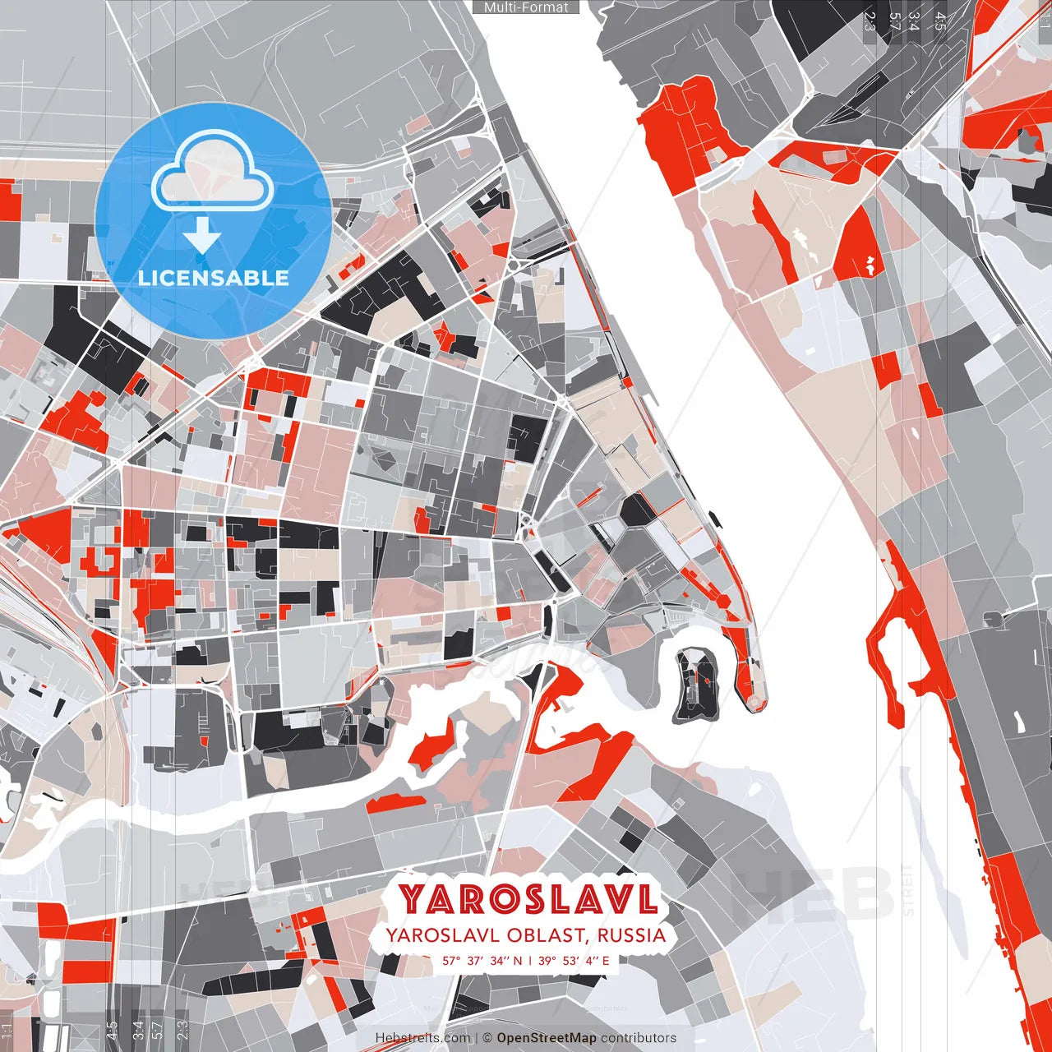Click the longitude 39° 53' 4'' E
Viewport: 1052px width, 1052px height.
pos(573,960)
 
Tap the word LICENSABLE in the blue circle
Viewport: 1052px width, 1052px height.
pos(213,278)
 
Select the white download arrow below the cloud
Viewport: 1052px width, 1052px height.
pos(201,234)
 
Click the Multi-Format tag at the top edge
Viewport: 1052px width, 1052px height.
pos(526,7)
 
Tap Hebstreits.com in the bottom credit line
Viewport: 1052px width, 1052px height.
pos(422,1038)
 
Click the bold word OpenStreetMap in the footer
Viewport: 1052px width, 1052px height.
pos(547,1038)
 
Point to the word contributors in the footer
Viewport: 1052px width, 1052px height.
pos(639,1038)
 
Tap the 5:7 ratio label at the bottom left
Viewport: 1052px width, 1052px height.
pos(158,1031)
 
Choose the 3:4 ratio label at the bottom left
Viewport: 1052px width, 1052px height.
pos(137,1031)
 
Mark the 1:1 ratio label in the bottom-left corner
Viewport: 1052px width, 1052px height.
pos(7,1031)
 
